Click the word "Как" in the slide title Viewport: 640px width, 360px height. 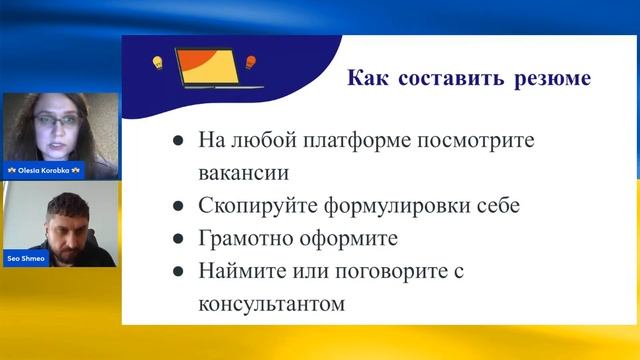[366, 78]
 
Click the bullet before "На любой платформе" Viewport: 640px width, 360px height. [177, 140]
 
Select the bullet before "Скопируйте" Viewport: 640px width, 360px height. [177, 206]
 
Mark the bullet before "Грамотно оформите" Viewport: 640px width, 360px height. [177, 239]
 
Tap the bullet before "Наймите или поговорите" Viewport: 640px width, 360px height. [177, 272]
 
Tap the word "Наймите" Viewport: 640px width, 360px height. [239, 272]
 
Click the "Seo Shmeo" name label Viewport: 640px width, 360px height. [27, 259]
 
